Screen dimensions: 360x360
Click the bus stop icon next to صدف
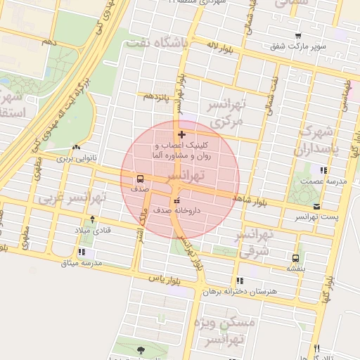140,179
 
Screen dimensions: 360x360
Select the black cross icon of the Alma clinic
181,134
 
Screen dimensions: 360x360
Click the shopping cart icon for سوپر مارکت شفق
298,36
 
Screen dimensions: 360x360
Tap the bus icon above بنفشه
295,258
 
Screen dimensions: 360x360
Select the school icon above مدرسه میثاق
82,252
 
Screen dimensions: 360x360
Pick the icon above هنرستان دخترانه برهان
240,281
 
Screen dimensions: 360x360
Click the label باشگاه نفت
155,44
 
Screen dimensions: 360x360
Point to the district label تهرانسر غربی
70,199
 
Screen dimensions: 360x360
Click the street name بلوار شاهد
252,200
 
